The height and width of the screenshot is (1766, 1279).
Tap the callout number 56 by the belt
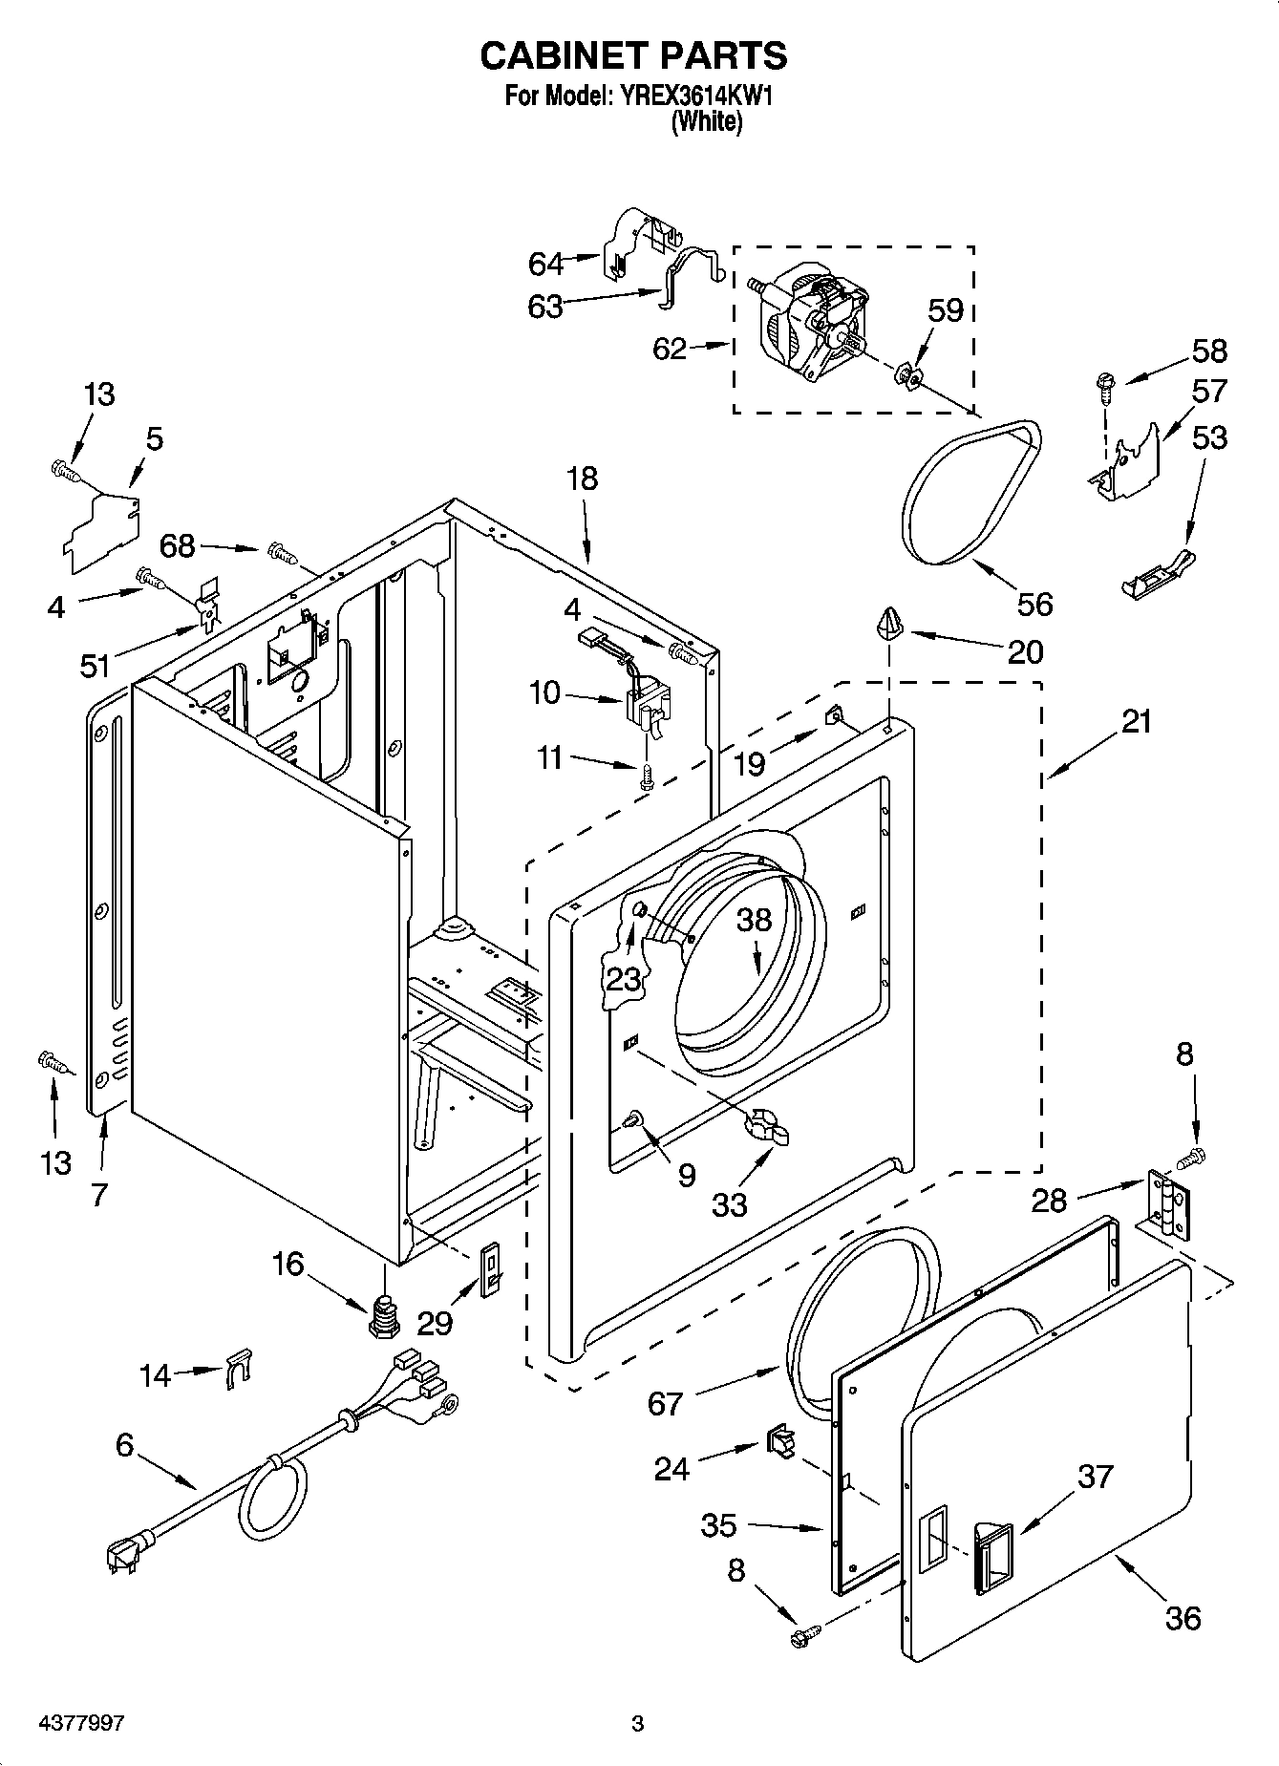coord(1034,604)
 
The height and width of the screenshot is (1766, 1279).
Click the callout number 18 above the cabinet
coord(582,478)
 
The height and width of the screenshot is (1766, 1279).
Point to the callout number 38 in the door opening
coord(754,920)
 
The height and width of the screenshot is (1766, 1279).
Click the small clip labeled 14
coord(238,1369)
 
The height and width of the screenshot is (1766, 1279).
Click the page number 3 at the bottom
coord(637,1723)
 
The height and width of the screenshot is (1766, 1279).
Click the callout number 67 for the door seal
coord(665,1403)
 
